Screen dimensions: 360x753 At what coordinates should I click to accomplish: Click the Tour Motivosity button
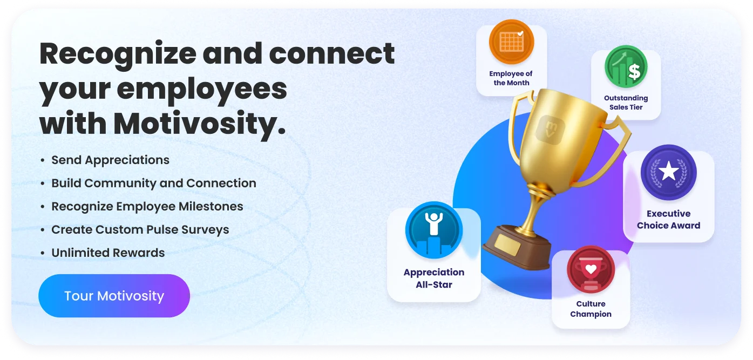click(x=114, y=296)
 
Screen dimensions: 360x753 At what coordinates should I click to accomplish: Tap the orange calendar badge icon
click(x=511, y=42)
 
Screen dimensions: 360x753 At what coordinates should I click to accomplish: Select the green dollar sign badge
click(x=626, y=67)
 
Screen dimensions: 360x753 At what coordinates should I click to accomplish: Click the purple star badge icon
click(x=668, y=172)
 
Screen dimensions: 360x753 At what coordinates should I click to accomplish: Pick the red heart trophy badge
click(x=591, y=269)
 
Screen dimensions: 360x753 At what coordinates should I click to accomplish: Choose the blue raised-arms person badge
click(x=433, y=230)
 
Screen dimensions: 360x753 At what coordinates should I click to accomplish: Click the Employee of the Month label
click(x=511, y=78)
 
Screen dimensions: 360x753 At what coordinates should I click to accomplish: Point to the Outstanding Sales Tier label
click(x=626, y=103)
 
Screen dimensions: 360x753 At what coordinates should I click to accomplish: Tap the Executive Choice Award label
click(x=668, y=220)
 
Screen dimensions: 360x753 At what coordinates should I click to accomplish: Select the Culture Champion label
click(x=591, y=309)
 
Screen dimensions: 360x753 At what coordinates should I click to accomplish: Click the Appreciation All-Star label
click(x=433, y=279)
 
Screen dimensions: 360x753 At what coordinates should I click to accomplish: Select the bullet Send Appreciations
click(x=110, y=160)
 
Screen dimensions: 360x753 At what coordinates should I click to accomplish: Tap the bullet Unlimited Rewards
click(x=108, y=253)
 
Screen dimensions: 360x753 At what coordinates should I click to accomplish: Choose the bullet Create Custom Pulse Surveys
click(x=140, y=229)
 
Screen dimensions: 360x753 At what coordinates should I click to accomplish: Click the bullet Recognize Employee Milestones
click(x=147, y=207)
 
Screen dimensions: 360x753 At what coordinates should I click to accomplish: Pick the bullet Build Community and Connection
click(x=153, y=184)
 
